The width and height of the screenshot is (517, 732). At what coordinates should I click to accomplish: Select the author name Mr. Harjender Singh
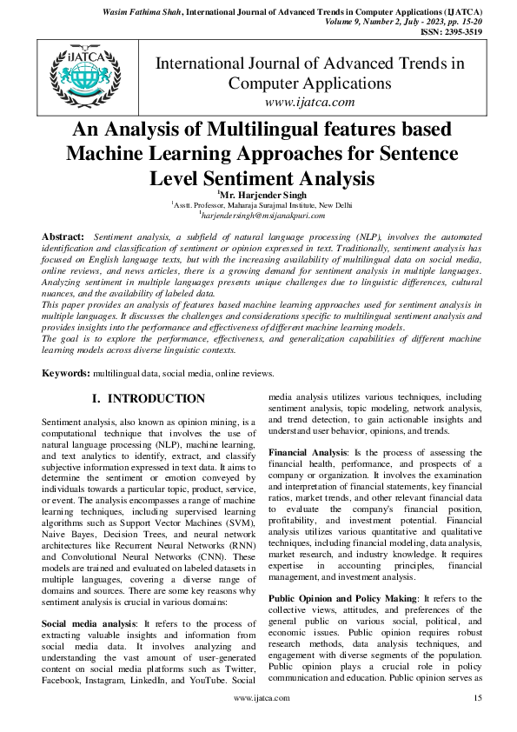point(259,196)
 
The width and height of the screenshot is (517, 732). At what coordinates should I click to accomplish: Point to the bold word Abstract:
point(63,236)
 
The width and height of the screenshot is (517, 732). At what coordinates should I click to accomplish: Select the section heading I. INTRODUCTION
point(149,399)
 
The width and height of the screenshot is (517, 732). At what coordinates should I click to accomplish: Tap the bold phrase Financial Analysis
point(306,454)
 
